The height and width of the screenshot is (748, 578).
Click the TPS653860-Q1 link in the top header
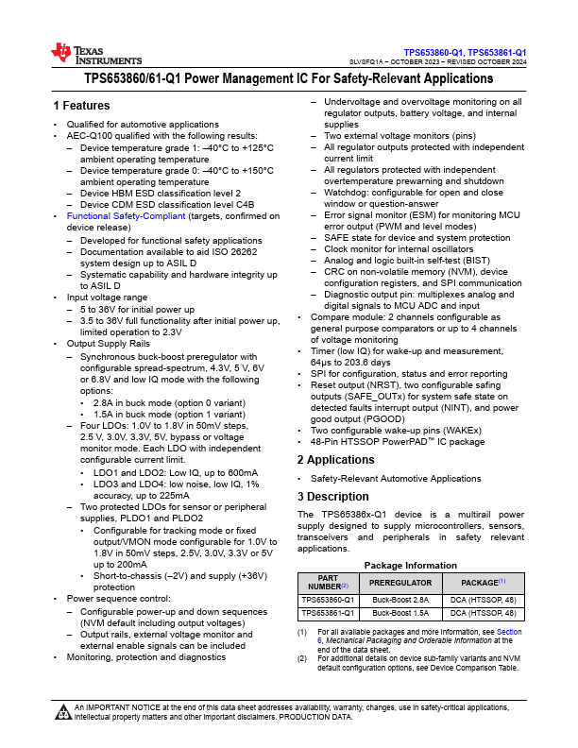(433, 52)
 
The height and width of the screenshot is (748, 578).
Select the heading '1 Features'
(81, 105)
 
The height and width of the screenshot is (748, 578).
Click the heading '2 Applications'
(336, 460)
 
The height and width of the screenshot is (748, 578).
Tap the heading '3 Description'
(332, 496)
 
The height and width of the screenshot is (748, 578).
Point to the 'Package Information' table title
(411, 565)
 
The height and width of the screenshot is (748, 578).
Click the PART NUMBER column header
(328, 584)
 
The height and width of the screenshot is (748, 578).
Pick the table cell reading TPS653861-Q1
(328, 613)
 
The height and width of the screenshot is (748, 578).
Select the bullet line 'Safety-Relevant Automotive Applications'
(396, 479)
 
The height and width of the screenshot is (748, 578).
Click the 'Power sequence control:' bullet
(118, 598)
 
